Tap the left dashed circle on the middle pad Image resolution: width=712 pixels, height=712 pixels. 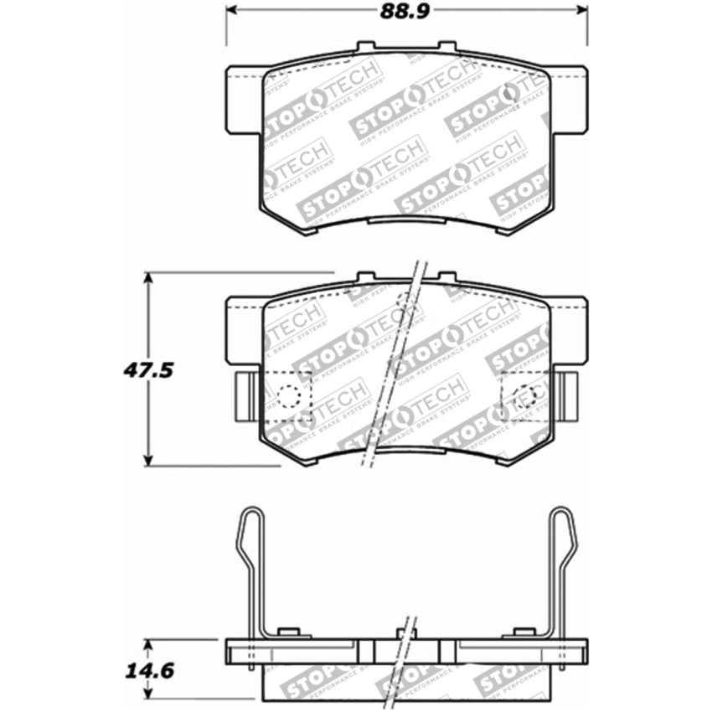click(x=291, y=395)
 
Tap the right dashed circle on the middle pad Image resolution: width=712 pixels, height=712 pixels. click(x=525, y=395)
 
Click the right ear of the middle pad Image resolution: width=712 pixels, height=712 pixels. click(x=567, y=330)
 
